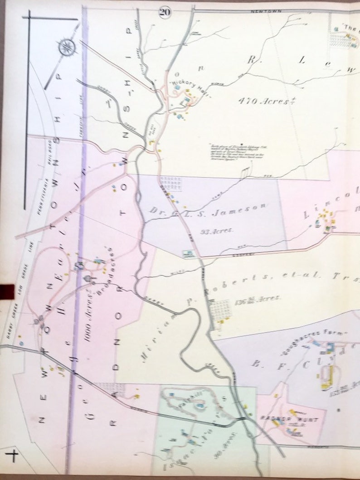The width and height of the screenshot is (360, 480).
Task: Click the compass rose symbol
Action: pos(67,46)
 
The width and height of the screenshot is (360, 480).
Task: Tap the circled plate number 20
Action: pos(164,12)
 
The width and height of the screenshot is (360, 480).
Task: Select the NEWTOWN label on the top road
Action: pos(266,10)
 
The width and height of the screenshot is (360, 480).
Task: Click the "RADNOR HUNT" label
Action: pos(283,419)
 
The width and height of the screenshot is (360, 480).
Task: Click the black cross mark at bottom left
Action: pos(13,456)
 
